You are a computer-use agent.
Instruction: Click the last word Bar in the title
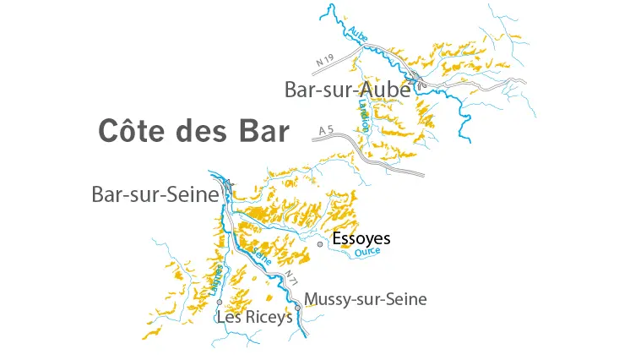261,131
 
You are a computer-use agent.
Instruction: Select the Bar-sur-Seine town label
155,194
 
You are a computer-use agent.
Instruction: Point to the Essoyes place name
361,239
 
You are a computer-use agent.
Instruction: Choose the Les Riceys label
254,319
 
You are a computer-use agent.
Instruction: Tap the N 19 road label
314,61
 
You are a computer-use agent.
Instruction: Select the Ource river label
367,252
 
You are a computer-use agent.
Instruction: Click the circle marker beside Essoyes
320,243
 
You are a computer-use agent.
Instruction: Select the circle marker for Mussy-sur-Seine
297,307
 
